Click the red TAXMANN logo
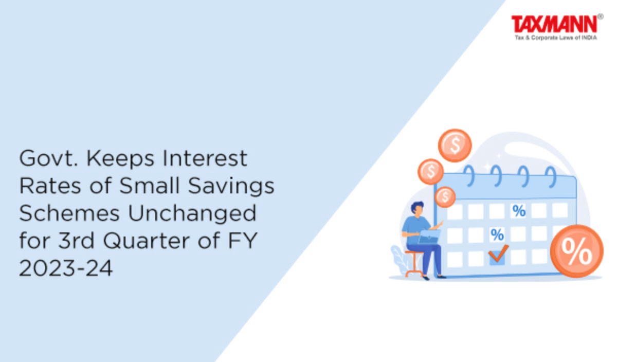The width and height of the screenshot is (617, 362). [554, 24]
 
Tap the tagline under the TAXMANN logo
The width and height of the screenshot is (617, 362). [556, 38]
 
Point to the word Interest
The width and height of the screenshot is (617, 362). [205, 158]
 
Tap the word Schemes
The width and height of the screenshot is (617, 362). [69, 213]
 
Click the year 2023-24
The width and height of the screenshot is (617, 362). [66, 268]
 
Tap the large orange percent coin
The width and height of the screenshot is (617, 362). [577, 251]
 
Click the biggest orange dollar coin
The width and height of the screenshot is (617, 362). [455, 146]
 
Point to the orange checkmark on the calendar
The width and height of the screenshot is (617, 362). [498, 254]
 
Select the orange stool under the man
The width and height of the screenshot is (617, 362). [414, 263]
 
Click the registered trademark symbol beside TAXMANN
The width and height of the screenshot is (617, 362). [601, 17]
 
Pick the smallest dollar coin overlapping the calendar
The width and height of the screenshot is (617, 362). [445, 197]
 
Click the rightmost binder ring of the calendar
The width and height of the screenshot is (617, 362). [551, 177]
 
